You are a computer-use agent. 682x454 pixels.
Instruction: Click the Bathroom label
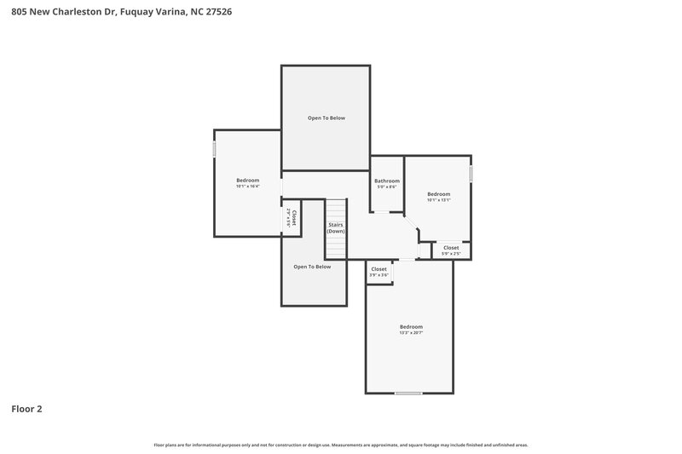click(x=387, y=181)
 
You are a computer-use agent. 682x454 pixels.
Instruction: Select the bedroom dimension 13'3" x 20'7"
click(x=411, y=333)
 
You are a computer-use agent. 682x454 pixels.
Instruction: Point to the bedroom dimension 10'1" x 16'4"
click(x=248, y=187)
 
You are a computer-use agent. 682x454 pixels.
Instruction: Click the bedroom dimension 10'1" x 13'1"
click(x=438, y=201)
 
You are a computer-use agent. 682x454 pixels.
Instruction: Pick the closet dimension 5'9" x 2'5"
click(x=451, y=254)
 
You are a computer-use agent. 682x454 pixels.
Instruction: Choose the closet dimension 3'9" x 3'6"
click(x=379, y=275)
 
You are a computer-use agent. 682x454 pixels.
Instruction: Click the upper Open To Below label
click(x=327, y=118)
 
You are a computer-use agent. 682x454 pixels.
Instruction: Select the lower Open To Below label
click(x=312, y=267)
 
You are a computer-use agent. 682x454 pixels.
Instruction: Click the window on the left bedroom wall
click(x=214, y=149)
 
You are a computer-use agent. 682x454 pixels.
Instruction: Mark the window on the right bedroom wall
click(x=471, y=174)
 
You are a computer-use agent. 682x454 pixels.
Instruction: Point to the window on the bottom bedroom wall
click(x=408, y=393)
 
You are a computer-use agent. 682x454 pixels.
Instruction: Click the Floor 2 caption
click(x=26, y=409)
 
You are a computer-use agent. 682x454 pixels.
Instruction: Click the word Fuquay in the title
click(x=138, y=13)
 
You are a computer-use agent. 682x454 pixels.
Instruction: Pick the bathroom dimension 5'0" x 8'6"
click(x=387, y=187)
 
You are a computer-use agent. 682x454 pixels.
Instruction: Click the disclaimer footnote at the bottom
click(x=340, y=445)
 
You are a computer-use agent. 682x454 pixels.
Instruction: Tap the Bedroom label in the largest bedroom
click(x=411, y=327)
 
